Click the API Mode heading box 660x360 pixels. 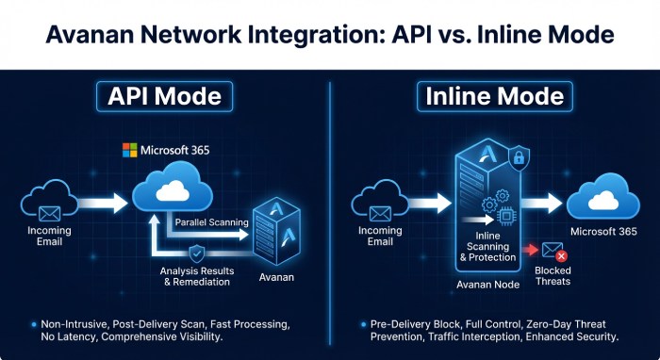click(166, 97)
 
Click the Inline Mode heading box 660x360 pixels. click(495, 97)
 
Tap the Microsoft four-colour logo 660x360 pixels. click(130, 150)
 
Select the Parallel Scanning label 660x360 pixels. click(212, 222)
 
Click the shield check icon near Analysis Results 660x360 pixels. click(196, 253)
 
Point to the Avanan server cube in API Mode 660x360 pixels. click(275, 231)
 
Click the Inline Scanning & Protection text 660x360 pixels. click(487, 248)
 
